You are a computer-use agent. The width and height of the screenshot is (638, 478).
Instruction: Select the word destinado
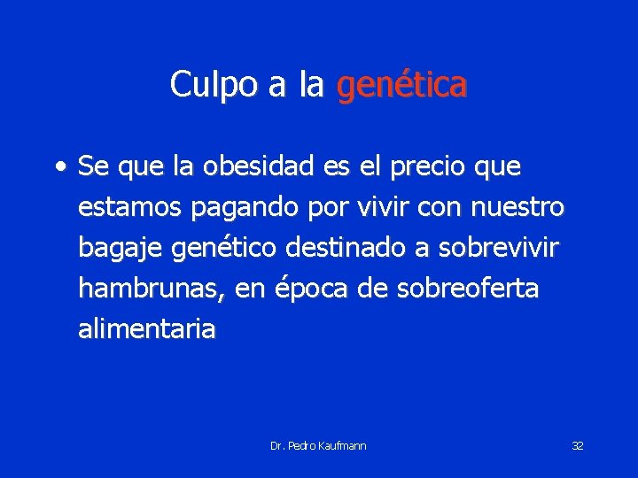pyautogui.click(x=346, y=248)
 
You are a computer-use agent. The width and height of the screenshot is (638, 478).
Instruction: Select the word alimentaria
pyautogui.click(x=146, y=329)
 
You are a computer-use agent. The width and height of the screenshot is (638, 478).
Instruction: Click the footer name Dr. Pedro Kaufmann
pyautogui.click(x=318, y=445)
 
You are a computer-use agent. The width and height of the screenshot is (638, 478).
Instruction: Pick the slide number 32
pyautogui.click(x=577, y=445)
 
